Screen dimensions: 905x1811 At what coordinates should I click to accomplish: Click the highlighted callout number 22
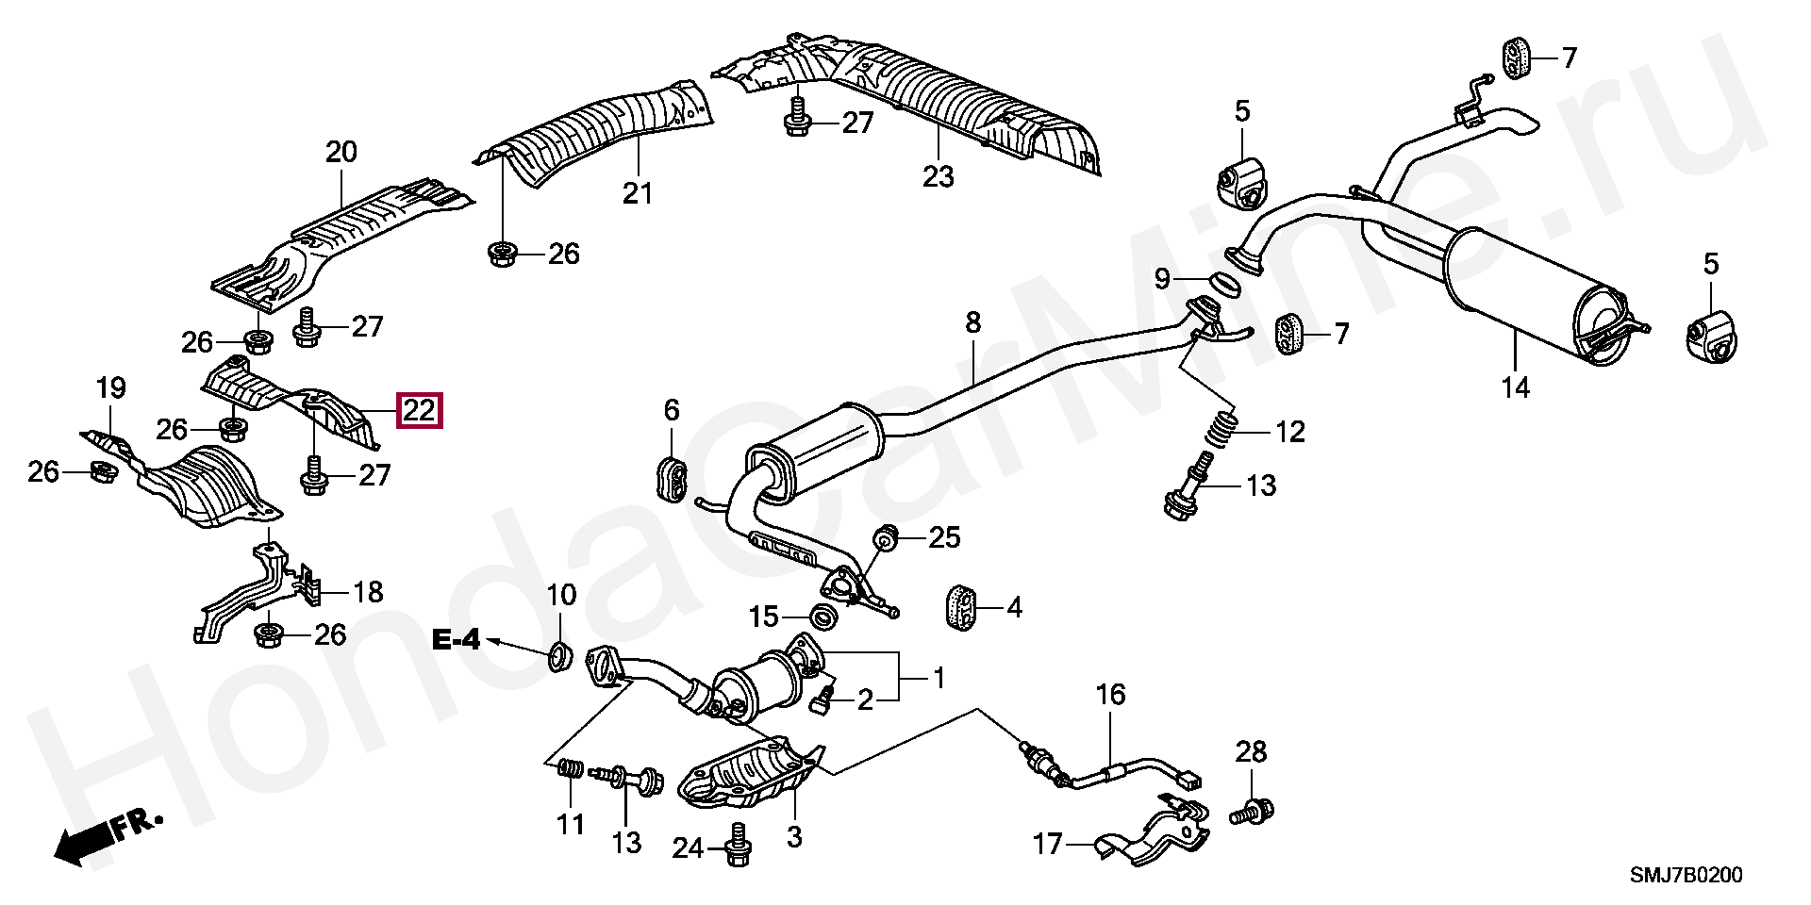point(420,410)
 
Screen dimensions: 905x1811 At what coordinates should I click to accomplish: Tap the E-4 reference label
point(457,641)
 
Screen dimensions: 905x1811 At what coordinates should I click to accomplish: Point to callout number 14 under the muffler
point(1516,387)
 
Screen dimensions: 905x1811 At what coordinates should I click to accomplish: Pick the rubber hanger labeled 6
point(670,476)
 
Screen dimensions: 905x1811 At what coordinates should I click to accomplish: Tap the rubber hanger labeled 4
point(960,606)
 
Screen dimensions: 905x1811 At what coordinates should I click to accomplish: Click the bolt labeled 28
point(1253,810)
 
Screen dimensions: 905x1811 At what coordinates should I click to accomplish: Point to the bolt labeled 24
point(738,846)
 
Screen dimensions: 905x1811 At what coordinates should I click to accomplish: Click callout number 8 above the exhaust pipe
point(972,323)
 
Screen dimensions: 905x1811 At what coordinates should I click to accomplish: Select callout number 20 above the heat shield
point(341,152)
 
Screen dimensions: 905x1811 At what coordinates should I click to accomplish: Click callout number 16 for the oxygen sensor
point(1110,696)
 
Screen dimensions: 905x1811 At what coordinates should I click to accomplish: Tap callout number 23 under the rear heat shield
point(939,176)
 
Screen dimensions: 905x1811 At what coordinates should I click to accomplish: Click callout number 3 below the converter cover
point(794,835)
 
